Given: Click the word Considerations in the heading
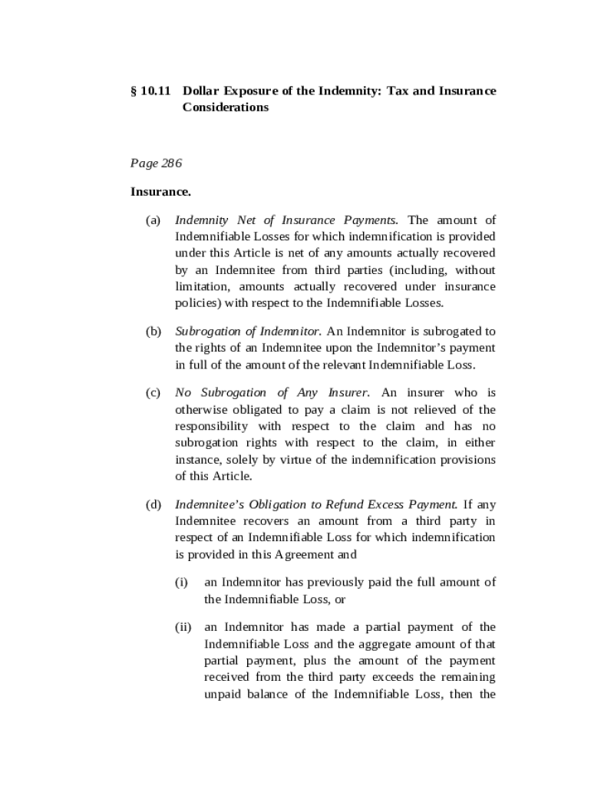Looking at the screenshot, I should [226, 107].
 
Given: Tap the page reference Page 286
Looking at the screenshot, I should [156, 163].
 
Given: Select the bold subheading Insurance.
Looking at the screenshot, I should [160, 191].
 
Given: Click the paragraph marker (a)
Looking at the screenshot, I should [154, 220].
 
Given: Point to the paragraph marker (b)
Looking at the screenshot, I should [154, 331].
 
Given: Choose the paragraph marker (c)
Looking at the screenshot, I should [154, 392].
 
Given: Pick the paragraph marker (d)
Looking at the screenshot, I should [154, 504].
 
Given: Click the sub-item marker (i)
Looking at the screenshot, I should [182, 583].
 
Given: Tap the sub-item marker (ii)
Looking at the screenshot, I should [183, 627].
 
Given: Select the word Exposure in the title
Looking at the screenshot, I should [252, 91].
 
